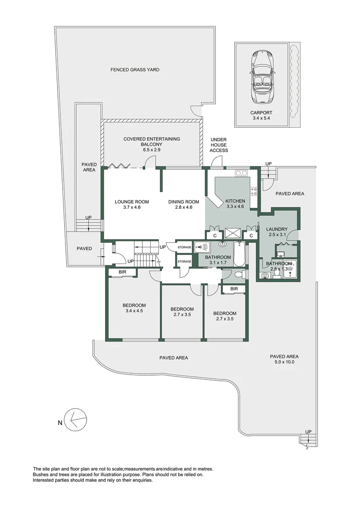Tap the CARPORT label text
(x=262, y=113)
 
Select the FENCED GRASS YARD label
(x=135, y=70)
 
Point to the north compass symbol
(x=75, y=419)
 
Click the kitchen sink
(x=242, y=173)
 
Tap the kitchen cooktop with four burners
(x=254, y=191)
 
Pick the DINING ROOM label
(x=184, y=202)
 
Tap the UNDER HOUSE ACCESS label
(x=219, y=145)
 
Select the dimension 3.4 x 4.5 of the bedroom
(x=134, y=311)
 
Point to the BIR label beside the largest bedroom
(x=122, y=272)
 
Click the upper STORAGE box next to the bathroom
(x=184, y=246)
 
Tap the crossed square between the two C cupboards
(x=233, y=233)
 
